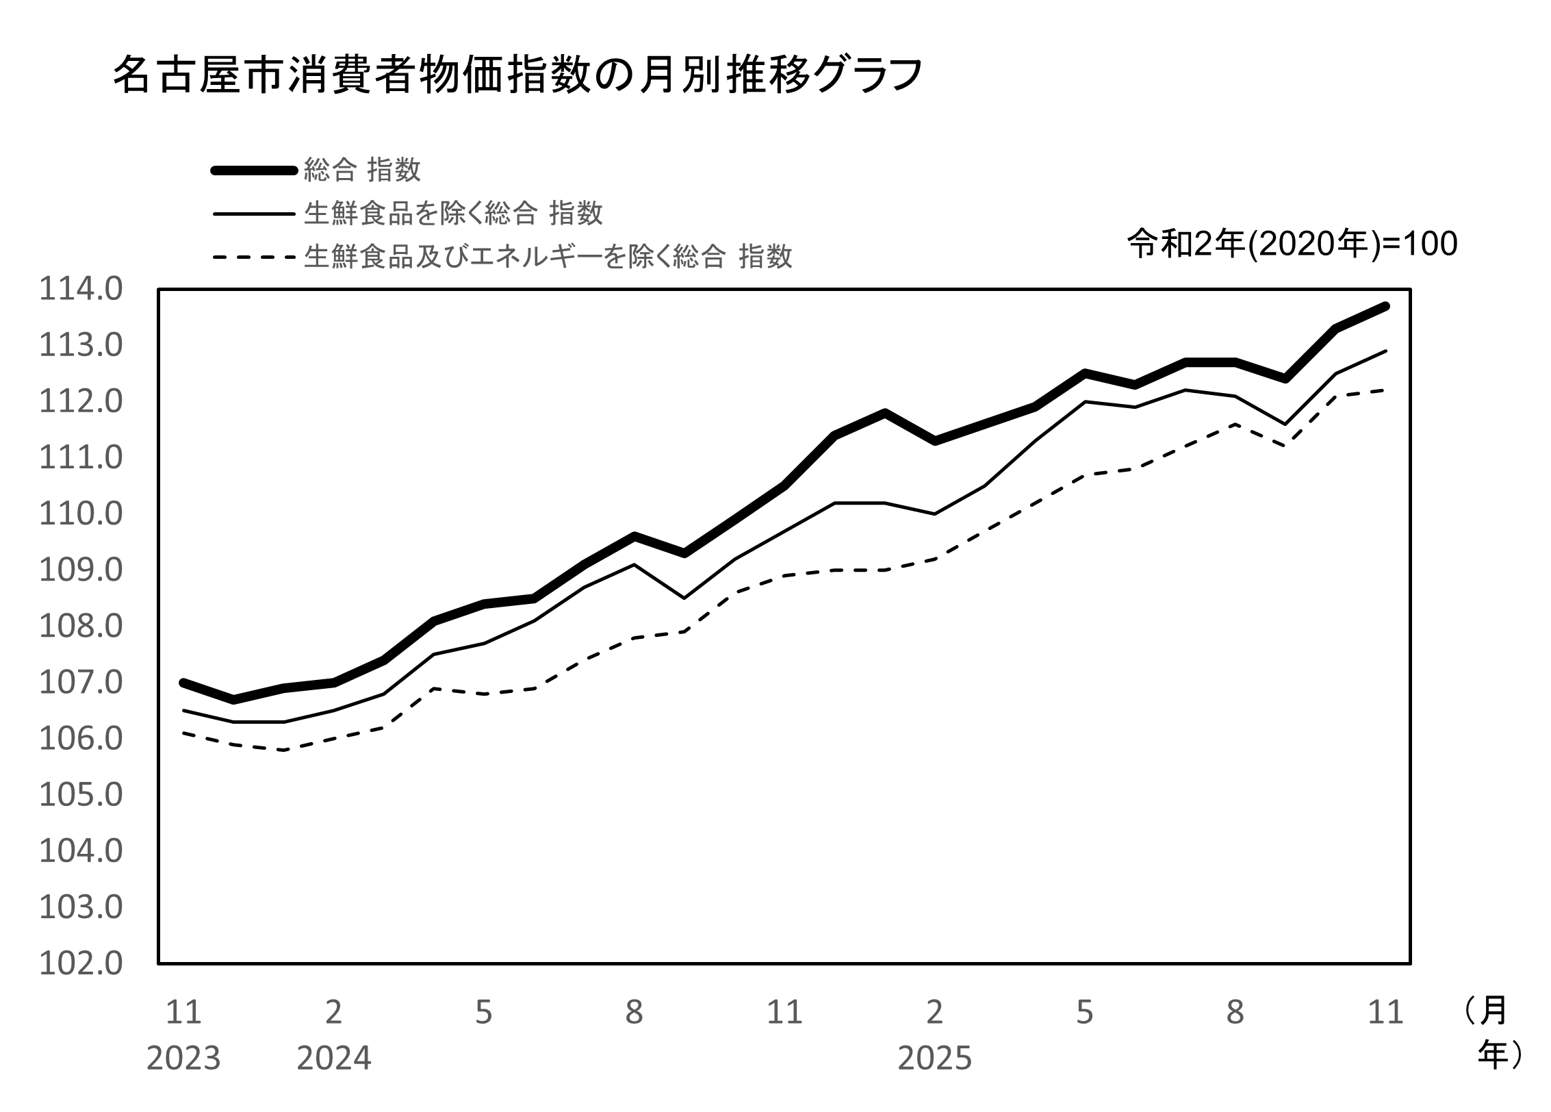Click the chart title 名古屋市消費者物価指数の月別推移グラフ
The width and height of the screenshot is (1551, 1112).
coord(517,75)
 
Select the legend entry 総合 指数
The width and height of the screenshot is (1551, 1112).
coord(362,170)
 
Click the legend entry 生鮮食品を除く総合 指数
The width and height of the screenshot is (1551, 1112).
coord(453,214)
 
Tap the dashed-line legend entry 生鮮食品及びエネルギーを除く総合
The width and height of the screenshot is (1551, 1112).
coord(548,257)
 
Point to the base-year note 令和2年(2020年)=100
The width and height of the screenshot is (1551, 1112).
coord(1292,244)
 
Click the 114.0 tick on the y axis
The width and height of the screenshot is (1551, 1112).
coord(81,289)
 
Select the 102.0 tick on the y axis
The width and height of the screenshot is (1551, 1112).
coord(81,963)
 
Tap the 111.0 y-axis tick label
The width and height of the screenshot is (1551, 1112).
coord(81,457)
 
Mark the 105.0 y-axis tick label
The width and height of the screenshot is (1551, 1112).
coord(81,795)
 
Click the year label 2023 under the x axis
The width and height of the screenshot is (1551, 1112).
coord(183,1059)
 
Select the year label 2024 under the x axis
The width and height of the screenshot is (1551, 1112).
coord(333,1059)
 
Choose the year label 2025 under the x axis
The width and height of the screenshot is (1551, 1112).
coord(934,1059)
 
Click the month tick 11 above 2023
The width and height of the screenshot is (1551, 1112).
coord(183,1012)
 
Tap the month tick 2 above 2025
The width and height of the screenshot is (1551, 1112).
coord(934,1012)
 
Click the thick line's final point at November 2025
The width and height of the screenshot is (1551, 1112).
coord(1385,306)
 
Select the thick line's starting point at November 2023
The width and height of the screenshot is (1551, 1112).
coord(183,683)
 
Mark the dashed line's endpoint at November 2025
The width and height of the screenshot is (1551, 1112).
coord(1385,390)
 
